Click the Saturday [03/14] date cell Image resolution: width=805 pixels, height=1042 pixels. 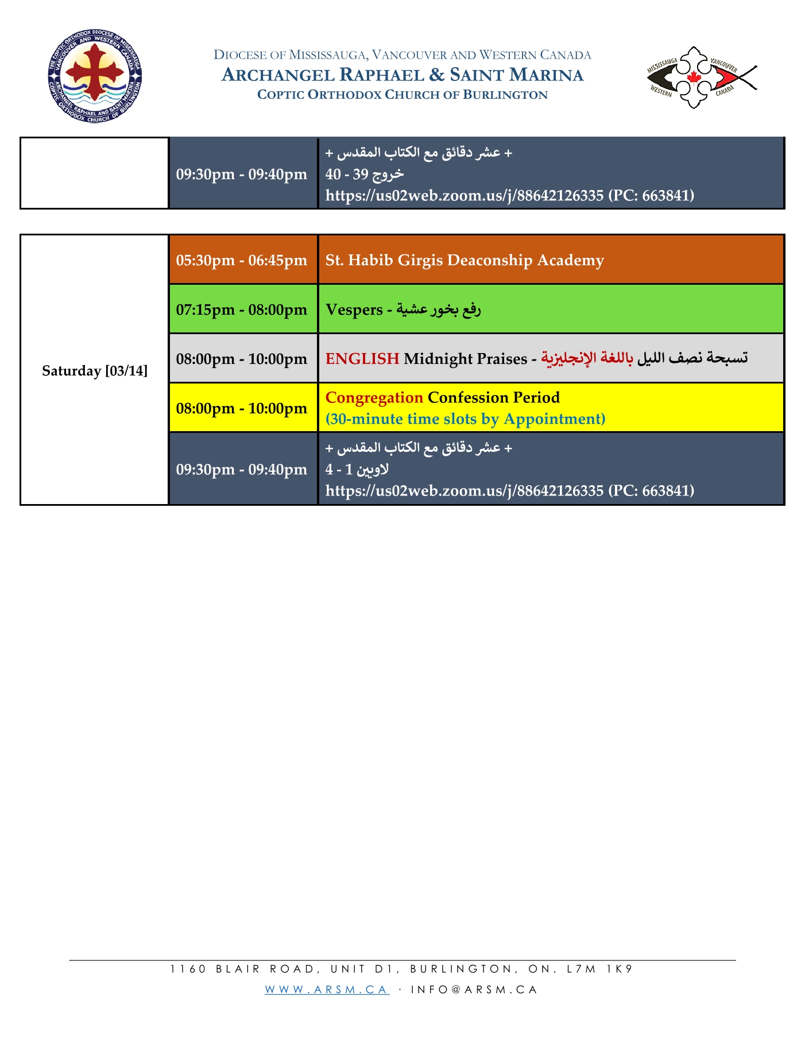coord(95,371)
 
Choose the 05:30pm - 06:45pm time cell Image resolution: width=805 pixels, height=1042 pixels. coord(242,260)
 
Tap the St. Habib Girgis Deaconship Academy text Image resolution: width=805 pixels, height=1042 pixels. coord(465,260)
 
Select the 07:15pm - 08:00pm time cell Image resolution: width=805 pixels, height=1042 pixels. coord(242,309)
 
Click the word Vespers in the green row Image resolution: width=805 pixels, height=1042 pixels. coord(354,309)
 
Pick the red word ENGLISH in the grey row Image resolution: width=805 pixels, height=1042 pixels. coord(362,359)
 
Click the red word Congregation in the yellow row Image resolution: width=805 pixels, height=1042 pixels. coord(374,397)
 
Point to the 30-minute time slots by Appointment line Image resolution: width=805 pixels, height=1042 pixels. coord(465,419)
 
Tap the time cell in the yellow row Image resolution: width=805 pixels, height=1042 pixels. coord(242,408)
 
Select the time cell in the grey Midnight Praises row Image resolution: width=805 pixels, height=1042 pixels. coord(242,359)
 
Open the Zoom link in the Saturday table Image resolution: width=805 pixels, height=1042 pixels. coord(464,491)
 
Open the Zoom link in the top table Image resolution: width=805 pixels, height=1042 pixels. coord(464,196)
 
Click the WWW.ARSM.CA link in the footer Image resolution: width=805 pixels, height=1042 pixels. coord(327,989)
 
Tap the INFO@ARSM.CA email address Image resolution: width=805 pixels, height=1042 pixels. coord(474,989)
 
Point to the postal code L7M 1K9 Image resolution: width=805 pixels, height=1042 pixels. coord(599,969)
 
